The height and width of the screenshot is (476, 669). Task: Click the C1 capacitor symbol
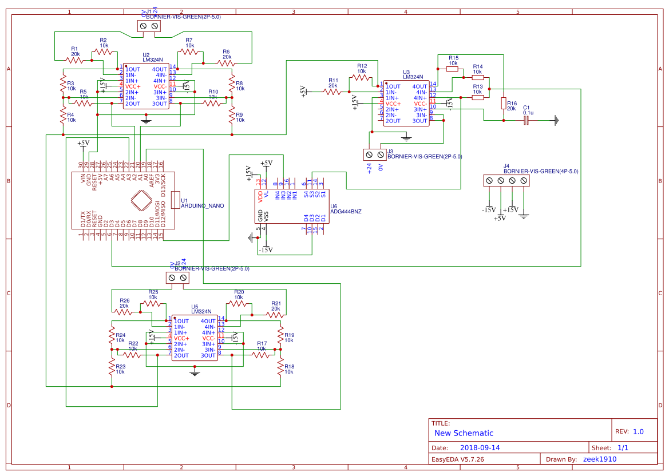point(528,121)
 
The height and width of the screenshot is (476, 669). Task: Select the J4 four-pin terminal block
point(506,181)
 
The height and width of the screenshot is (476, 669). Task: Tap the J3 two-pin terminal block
point(375,154)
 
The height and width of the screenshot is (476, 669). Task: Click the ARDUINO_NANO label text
point(202,205)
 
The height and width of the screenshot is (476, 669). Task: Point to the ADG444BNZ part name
point(346,211)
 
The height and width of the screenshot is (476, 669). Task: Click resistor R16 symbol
point(503,103)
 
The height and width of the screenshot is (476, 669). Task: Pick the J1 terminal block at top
point(149,26)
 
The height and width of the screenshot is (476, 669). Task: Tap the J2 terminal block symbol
point(177,278)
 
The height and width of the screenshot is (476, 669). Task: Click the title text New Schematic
point(464,433)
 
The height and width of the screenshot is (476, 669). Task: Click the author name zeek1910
point(600,459)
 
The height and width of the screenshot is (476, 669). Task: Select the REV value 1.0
point(638,432)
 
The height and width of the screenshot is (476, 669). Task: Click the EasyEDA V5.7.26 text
point(458,459)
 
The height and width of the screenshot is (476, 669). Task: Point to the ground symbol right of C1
point(555,121)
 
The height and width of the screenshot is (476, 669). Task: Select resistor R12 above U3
point(362,77)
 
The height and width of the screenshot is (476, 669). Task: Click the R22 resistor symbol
point(133,355)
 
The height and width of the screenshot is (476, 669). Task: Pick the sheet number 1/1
point(623,448)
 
